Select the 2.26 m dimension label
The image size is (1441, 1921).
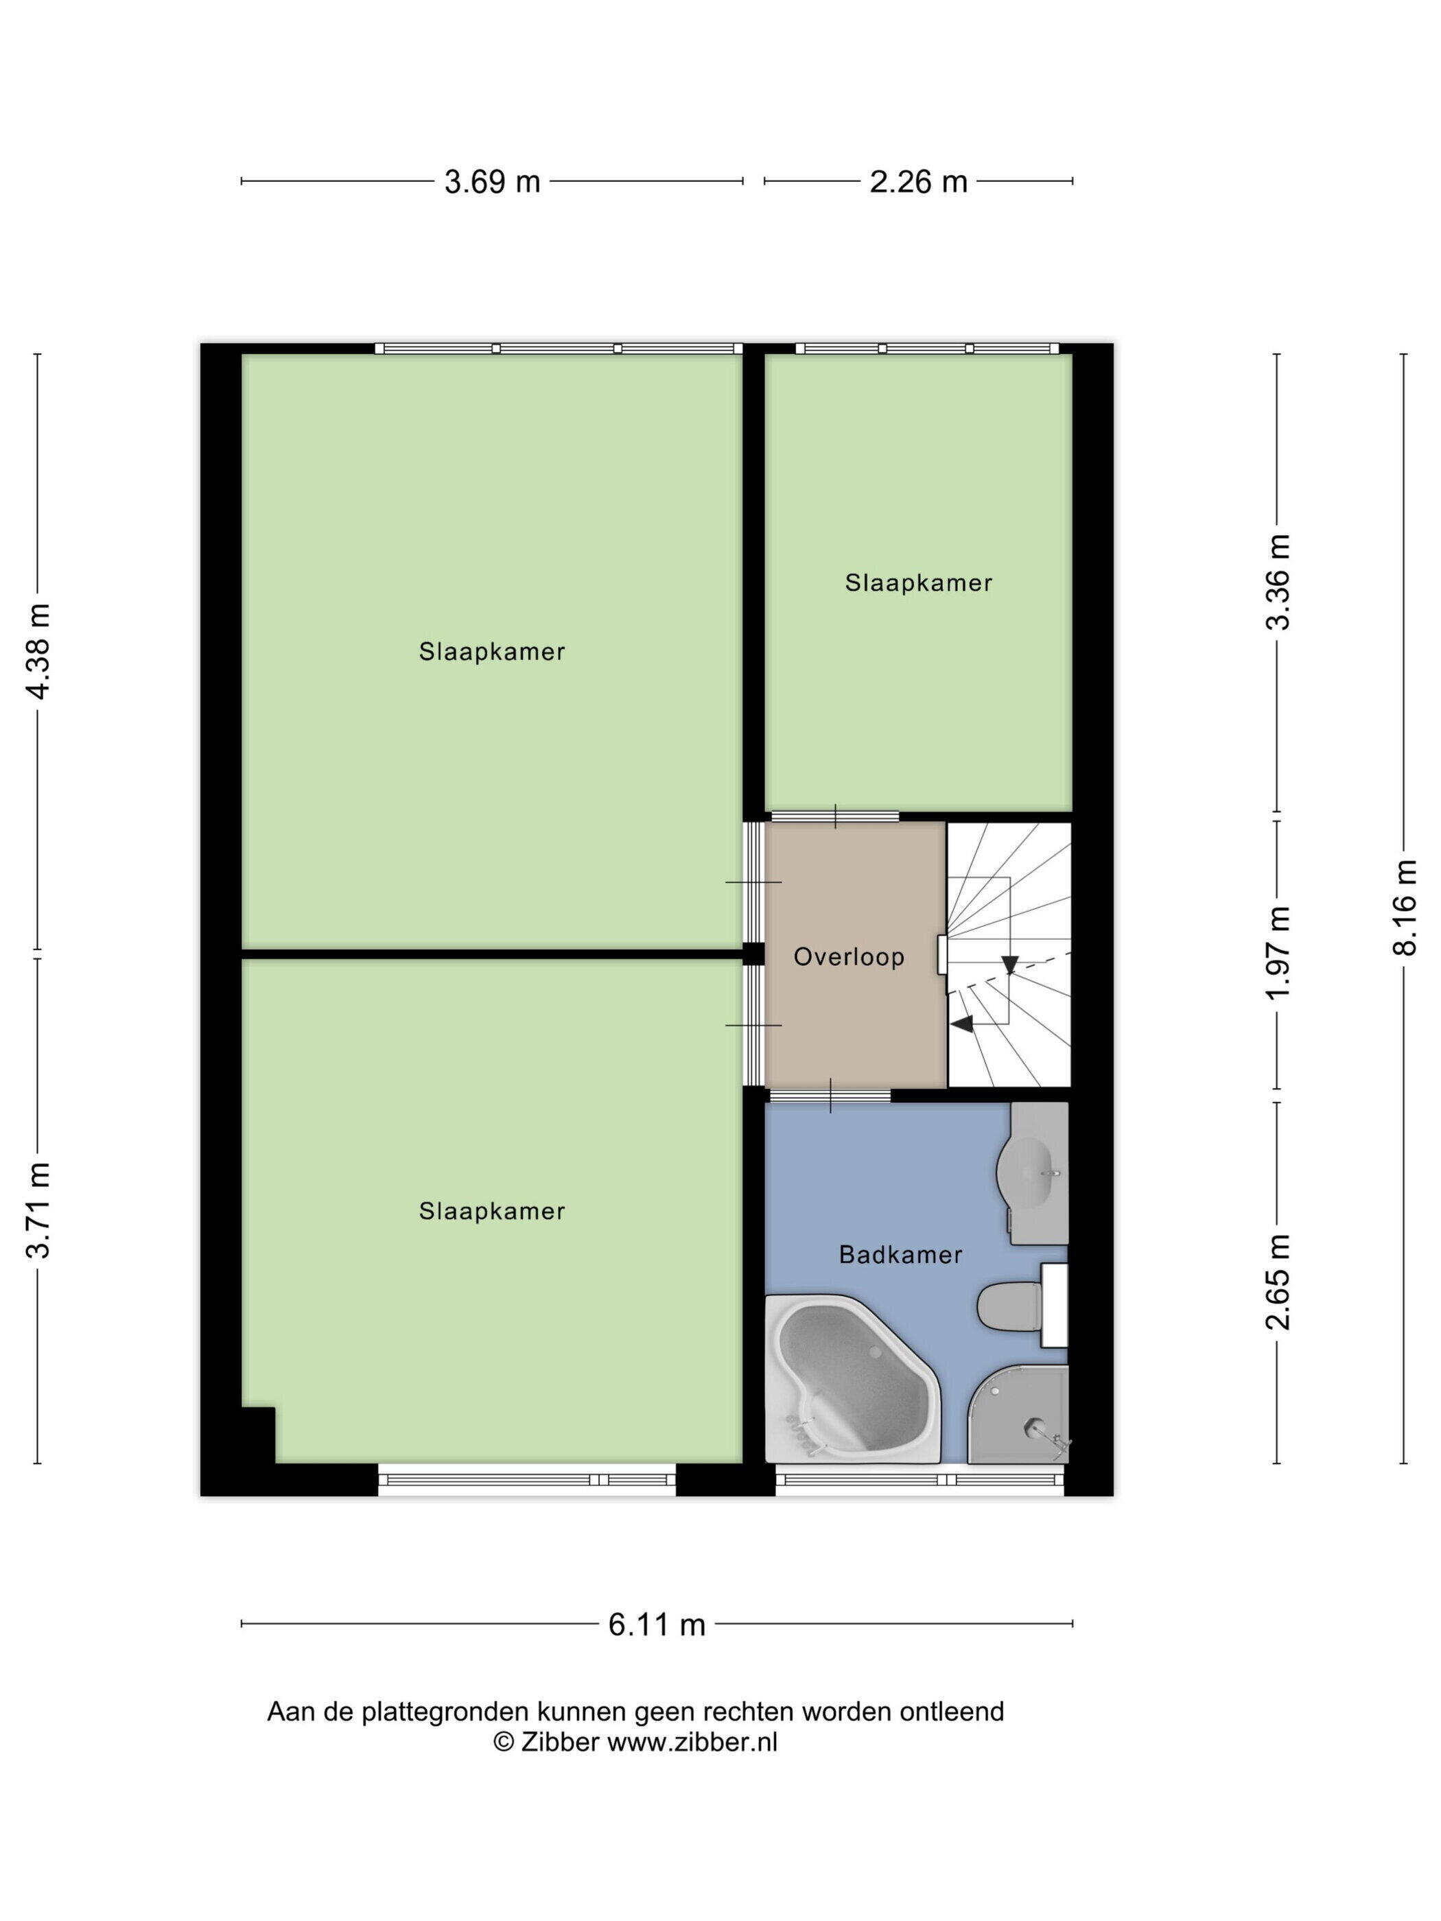tap(918, 182)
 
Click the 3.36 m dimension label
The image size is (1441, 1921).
tap(1278, 582)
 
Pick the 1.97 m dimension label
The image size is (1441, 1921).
tap(1278, 953)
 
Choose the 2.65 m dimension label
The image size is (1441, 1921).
tap(1278, 1282)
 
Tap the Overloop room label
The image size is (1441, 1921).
tap(849, 956)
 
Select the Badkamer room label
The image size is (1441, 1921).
tap(901, 1254)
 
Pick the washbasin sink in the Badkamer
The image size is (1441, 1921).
tap(1032, 1172)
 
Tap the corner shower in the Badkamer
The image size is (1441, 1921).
tap(1018, 1413)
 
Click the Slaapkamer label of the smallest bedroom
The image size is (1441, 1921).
tap(918, 582)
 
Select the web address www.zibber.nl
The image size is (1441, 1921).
tap(692, 1741)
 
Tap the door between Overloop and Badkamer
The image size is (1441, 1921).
tap(830, 1095)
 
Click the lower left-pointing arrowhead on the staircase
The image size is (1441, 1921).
tap(961, 1025)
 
